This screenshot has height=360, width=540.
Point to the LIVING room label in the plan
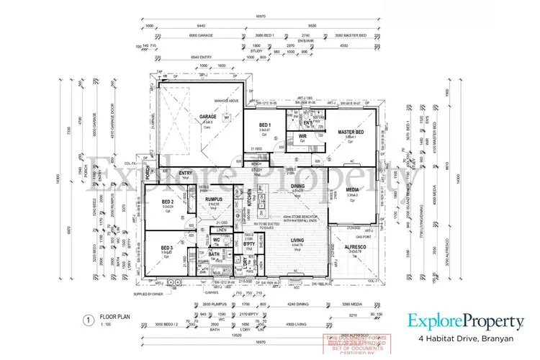point(298,241)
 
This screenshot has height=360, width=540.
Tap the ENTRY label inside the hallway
point(186,173)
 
